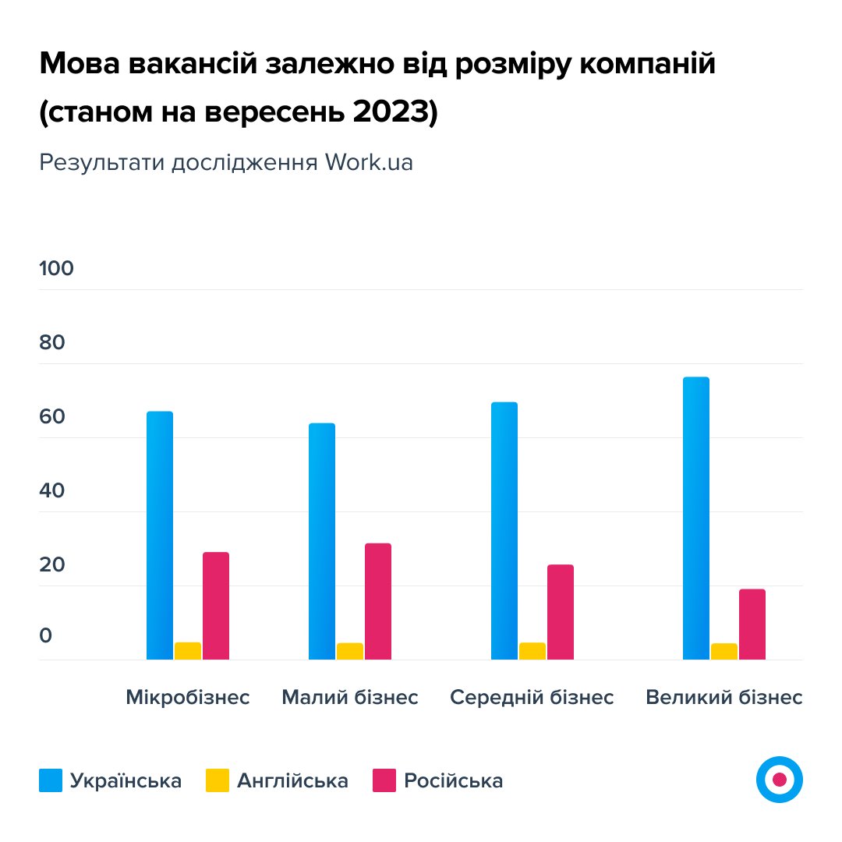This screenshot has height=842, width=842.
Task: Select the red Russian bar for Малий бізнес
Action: coord(378,601)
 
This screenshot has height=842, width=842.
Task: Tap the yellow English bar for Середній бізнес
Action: coord(532,651)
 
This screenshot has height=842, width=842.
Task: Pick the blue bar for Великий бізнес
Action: coord(696,518)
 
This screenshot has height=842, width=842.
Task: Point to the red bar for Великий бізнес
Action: coord(752,624)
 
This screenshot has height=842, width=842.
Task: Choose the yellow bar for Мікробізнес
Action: coord(188,651)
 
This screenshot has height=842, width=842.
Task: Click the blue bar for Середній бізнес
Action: coord(504,531)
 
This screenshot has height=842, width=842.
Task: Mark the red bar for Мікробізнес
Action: coord(216,606)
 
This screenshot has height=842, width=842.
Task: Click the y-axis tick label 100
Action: coord(56,268)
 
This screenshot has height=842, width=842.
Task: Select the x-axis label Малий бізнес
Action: coord(350,697)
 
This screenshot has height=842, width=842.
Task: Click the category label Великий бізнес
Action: coord(723,697)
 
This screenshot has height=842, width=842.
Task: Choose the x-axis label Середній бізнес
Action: coord(532,697)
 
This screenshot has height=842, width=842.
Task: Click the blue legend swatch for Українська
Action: coord(51,780)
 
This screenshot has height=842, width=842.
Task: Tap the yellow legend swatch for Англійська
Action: coord(218,780)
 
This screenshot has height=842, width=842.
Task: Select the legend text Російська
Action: coord(453,780)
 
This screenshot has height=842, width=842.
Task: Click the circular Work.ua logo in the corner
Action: coord(779,779)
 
